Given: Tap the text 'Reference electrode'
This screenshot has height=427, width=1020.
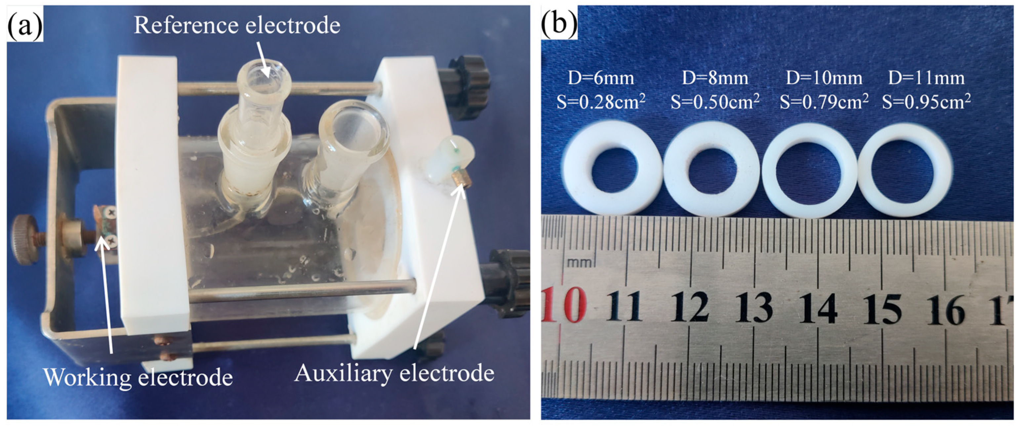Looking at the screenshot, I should [237, 25].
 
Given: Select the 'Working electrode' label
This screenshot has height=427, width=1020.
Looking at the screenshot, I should [138, 377].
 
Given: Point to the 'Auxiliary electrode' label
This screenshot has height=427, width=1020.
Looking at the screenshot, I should [394, 373].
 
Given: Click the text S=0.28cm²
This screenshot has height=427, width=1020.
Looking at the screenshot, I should [601, 102].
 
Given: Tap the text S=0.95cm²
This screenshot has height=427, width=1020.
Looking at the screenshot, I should [926, 102].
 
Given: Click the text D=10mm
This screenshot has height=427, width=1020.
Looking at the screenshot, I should [824, 78].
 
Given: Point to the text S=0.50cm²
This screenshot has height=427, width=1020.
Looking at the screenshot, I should [715, 102].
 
